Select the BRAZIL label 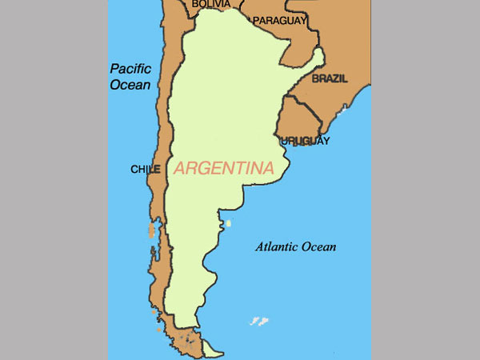click(330, 79)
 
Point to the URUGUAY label click(306, 141)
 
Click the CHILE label click(146, 170)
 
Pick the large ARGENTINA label click(224, 168)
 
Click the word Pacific click(131, 69)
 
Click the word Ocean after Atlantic click(318, 246)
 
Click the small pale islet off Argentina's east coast click(228, 224)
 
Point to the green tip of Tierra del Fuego click(213, 350)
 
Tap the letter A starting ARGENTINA click(179, 169)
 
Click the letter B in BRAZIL click(315, 79)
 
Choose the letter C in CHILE click(134, 170)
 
